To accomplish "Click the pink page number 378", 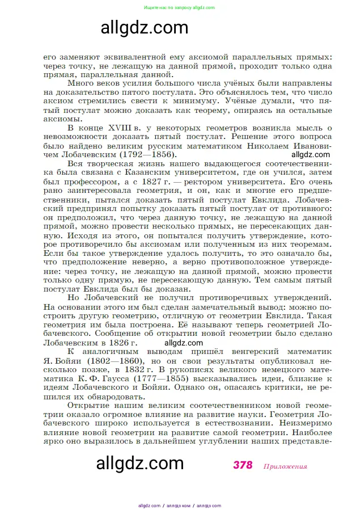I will (242, 465).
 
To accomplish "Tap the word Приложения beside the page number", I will (285, 466).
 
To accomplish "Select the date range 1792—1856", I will (147, 154).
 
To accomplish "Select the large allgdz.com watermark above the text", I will (144, 27).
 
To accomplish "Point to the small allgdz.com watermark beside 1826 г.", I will (183, 343).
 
